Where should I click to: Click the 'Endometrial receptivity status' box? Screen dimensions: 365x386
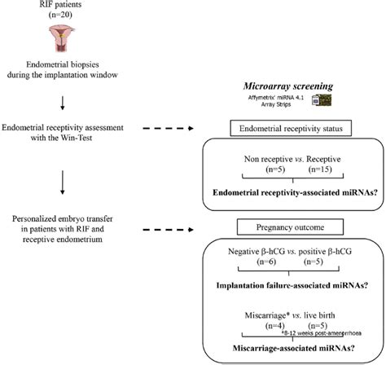(291, 129)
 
